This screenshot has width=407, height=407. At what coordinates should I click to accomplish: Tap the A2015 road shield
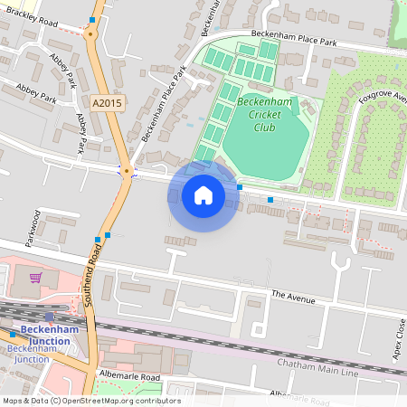[x=107, y=103]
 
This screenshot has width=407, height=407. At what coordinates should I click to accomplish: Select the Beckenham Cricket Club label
[x=264, y=115]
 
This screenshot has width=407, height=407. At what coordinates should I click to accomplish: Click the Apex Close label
[x=400, y=337]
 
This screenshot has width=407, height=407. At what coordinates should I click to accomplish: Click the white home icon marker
[x=203, y=195]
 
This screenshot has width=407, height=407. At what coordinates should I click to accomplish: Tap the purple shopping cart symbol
[x=35, y=278]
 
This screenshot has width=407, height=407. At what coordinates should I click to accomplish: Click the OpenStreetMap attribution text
[x=90, y=401]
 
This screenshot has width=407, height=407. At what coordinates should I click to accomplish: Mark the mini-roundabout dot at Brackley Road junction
[x=90, y=34]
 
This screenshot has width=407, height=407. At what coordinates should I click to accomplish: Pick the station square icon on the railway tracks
[x=13, y=334]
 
